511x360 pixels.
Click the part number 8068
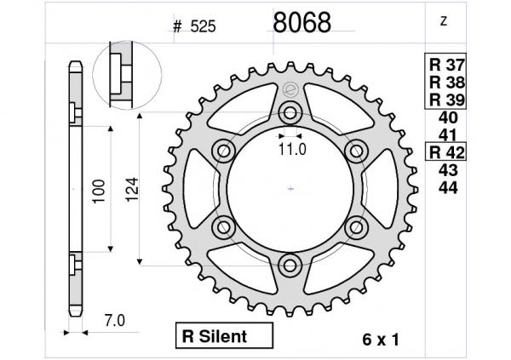301,23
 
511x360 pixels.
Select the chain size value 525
203,26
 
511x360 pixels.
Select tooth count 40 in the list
448,118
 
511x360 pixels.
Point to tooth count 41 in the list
448,135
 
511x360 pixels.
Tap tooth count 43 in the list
448,170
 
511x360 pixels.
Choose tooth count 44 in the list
448,186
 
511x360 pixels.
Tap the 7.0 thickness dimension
114,321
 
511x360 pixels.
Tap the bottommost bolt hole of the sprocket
290,265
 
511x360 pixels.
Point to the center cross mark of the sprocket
290,188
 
